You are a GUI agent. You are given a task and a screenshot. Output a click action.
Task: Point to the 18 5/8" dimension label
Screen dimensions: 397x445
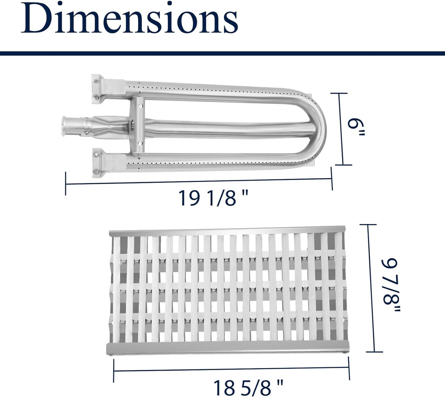[x=248, y=386]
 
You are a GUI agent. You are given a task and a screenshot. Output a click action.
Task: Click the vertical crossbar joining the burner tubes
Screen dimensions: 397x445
[x=136, y=125]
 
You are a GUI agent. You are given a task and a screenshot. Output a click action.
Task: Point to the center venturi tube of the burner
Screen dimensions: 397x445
[x=222, y=128]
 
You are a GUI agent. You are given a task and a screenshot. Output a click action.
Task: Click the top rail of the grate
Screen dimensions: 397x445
[x=227, y=231]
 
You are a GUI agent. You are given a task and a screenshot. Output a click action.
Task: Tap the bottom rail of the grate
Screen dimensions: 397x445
[x=227, y=348]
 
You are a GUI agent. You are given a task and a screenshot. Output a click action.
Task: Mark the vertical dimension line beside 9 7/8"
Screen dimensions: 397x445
[x=371, y=288]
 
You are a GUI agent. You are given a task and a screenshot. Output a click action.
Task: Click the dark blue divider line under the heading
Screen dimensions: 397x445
[x=222, y=53]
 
